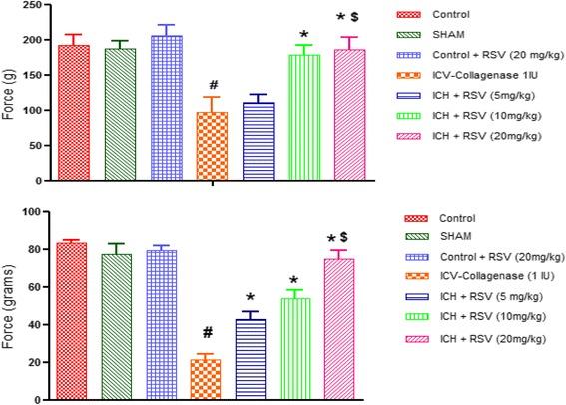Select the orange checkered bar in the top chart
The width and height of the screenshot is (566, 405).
point(211,146)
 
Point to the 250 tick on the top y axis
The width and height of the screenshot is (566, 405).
point(48,6)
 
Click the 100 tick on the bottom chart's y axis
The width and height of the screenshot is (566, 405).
point(48,212)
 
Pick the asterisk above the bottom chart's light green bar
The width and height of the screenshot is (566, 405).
point(295,280)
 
